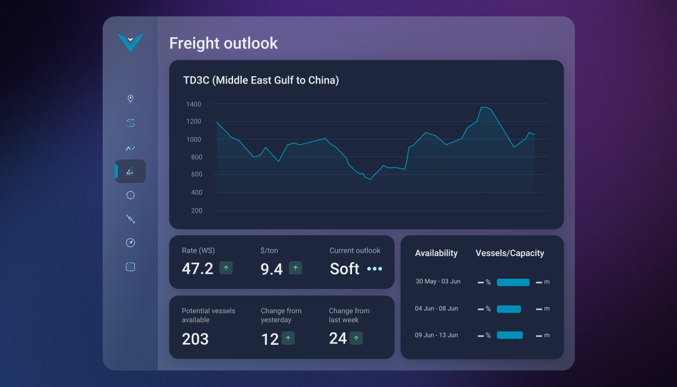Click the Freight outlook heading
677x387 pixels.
tap(223, 43)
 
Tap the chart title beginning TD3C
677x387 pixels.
tap(261, 81)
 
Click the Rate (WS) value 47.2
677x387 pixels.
tap(197, 269)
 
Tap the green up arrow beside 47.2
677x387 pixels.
tap(226, 268)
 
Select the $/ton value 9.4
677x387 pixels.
tap(271, 269)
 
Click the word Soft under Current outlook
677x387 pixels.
tap(344, 269)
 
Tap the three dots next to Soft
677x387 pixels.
tap(375, 269)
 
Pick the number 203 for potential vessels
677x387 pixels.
tap(195, 339)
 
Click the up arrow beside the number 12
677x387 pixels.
tap(288, 338)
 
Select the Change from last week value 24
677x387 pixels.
tap(338, 338)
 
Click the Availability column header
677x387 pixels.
tap(436, 253)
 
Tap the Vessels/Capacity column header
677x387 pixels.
tap(509, 253)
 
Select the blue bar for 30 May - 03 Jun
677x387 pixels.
tap(513, 282)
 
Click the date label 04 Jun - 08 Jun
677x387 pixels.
tap(436, 309)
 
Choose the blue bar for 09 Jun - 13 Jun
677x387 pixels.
tap(509, 335)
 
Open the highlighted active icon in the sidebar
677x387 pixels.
tap(130, 171)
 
